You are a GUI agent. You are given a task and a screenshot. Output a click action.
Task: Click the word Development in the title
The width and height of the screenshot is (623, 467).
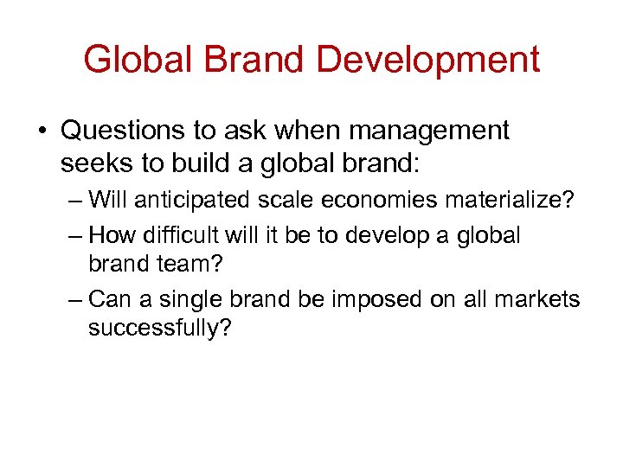428,60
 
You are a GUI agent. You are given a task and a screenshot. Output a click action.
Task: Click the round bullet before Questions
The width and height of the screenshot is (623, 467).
42,131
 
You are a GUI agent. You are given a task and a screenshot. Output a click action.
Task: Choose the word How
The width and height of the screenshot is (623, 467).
109,235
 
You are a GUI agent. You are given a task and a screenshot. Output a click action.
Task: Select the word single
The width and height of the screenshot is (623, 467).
197,299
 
